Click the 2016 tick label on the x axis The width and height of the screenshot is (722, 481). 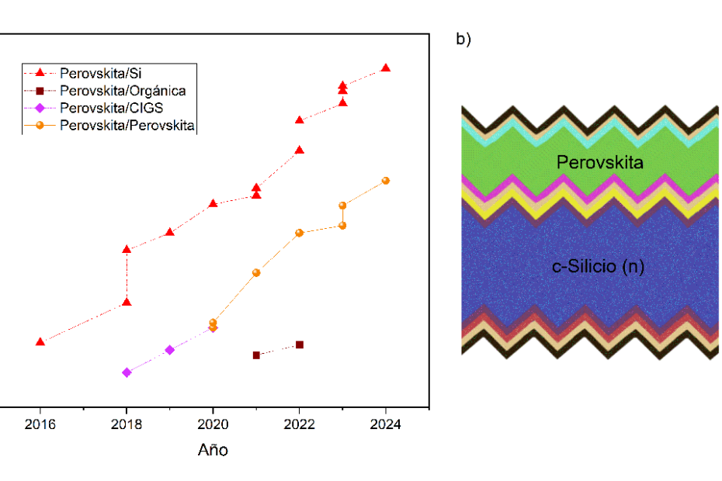point(40,424)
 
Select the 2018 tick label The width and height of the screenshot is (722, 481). point(127,424)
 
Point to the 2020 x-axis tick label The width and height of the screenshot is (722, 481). point(213,424)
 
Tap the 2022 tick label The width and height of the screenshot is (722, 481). point(299,424)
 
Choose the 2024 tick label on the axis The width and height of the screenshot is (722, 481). point(386,424)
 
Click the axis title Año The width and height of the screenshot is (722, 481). point(213,450)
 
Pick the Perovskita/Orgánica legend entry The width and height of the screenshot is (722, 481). point(122,91)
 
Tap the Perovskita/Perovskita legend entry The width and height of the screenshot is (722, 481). point(127,125)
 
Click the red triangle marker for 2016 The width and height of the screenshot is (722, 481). point(40,341)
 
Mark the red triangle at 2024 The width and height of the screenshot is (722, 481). point(386,68)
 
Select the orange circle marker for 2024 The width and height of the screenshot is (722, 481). point(386,181)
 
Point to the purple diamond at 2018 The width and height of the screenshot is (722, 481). point(127,372)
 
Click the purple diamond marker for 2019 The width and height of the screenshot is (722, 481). point(170,350)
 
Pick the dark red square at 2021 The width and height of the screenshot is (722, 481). point(256,355)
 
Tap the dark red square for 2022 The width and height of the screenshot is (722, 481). point(300,344)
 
